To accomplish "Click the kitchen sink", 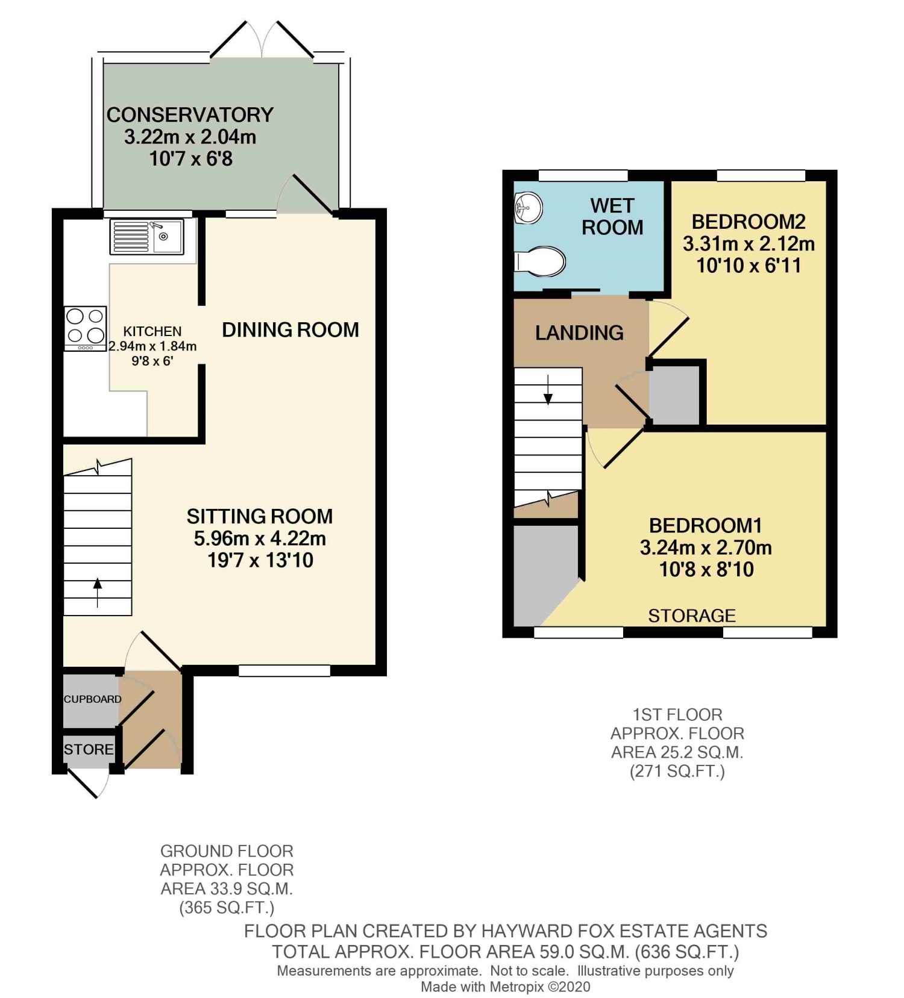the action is (x=147, y=237).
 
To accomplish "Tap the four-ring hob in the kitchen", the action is (x=86, y=329).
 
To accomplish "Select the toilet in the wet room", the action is (x=541, y=261).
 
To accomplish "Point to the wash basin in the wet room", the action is (x=529, y=208).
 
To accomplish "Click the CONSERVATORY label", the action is (x=190, y=114).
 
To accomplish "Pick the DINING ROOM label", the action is (x=290, y=329).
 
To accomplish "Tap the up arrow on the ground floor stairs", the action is (x=98, y=593).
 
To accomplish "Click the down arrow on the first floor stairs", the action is (x=548, y=390).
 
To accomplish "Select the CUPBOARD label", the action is (x=93, y=699).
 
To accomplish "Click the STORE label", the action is (x=89, y=749).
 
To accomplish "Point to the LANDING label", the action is (x=579, y=332).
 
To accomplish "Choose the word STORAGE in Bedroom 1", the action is (x=692, y=616).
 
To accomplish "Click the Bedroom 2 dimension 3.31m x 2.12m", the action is (x=749, y=244).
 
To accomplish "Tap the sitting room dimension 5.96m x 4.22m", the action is (x=260, y=538).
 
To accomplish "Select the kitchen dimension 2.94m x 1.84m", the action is (x=152, y=346).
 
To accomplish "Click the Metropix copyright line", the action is (x=505, y=987).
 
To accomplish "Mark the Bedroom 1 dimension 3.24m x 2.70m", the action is (x=706, y=547).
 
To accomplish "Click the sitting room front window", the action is (x=284, y=670).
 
